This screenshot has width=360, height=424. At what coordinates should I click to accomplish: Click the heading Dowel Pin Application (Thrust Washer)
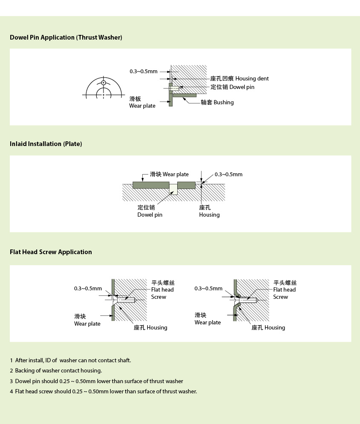click(x=66, y=37)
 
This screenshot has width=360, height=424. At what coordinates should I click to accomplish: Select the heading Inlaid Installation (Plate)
click(x=46, y=144)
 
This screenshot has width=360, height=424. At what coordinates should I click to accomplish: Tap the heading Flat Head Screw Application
click(x=51, y=252)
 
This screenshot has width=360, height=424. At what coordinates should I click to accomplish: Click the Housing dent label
click(x=239, y=79)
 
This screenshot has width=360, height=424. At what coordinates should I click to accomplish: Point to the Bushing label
click(x=217, y=103)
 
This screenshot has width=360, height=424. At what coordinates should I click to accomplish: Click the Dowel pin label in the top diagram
click(x=232, y=87)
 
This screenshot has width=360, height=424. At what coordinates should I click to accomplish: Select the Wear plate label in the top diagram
click(x=142, y=103)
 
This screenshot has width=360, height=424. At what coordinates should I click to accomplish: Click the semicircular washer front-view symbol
click(x=104, y=88)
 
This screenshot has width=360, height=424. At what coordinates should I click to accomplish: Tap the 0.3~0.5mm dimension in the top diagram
click(x=144, y=72)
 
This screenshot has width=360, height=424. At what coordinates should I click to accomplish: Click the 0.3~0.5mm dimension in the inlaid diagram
click(x=228, y=175)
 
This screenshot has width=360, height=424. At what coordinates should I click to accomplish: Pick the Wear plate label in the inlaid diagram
click(x=169, y=175)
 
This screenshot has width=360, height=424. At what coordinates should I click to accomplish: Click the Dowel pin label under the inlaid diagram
click(x=150, y=211)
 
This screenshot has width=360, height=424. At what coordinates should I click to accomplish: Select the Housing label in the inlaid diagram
click(x=209, y=211)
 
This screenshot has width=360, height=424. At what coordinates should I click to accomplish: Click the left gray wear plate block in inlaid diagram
click(x=151, y=185)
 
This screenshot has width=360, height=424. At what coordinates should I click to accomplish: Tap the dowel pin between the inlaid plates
click(x=173, y=189)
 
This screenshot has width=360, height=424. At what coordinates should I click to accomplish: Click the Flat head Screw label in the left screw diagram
click(x=163, y=290)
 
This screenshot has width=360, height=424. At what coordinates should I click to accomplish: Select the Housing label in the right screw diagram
click(x=268, y=328)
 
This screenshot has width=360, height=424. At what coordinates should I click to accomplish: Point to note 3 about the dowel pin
click(x=97, y=381)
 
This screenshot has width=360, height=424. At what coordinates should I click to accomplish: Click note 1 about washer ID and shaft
click(x=71, y=361)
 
